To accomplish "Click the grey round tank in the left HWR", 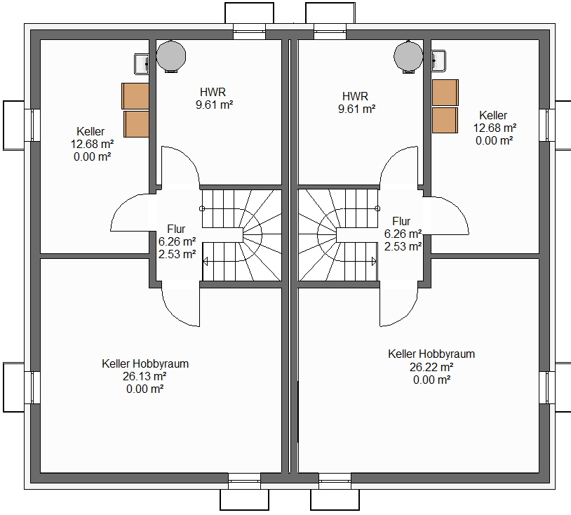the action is [x=171, y=56].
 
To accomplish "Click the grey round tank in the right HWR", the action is [x=408, y=56].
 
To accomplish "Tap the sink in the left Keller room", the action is [x=142, y=64].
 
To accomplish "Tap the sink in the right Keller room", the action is [x=438, y=61].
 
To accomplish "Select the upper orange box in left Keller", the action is [x=135, y=96].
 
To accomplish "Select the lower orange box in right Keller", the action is [x=445, y=120].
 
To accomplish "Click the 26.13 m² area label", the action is [x=145, y=376].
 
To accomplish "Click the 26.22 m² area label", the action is [x=431, y=367].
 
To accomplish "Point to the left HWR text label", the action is [x=213, y=92].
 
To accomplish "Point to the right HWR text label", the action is [x=356, y=96].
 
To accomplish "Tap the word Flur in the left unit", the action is [x=176, y=229].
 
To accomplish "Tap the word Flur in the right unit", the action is [x=401, y=221].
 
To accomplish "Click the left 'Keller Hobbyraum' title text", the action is [x=145, y=363].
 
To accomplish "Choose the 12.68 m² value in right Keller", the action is [x=495, y=128].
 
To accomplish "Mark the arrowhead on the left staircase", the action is [x=205, y=261].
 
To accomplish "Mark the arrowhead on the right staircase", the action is [x=374, y=261].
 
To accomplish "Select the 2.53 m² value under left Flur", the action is [x=177, y=254].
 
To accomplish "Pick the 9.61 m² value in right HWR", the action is [x=356, y=109].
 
